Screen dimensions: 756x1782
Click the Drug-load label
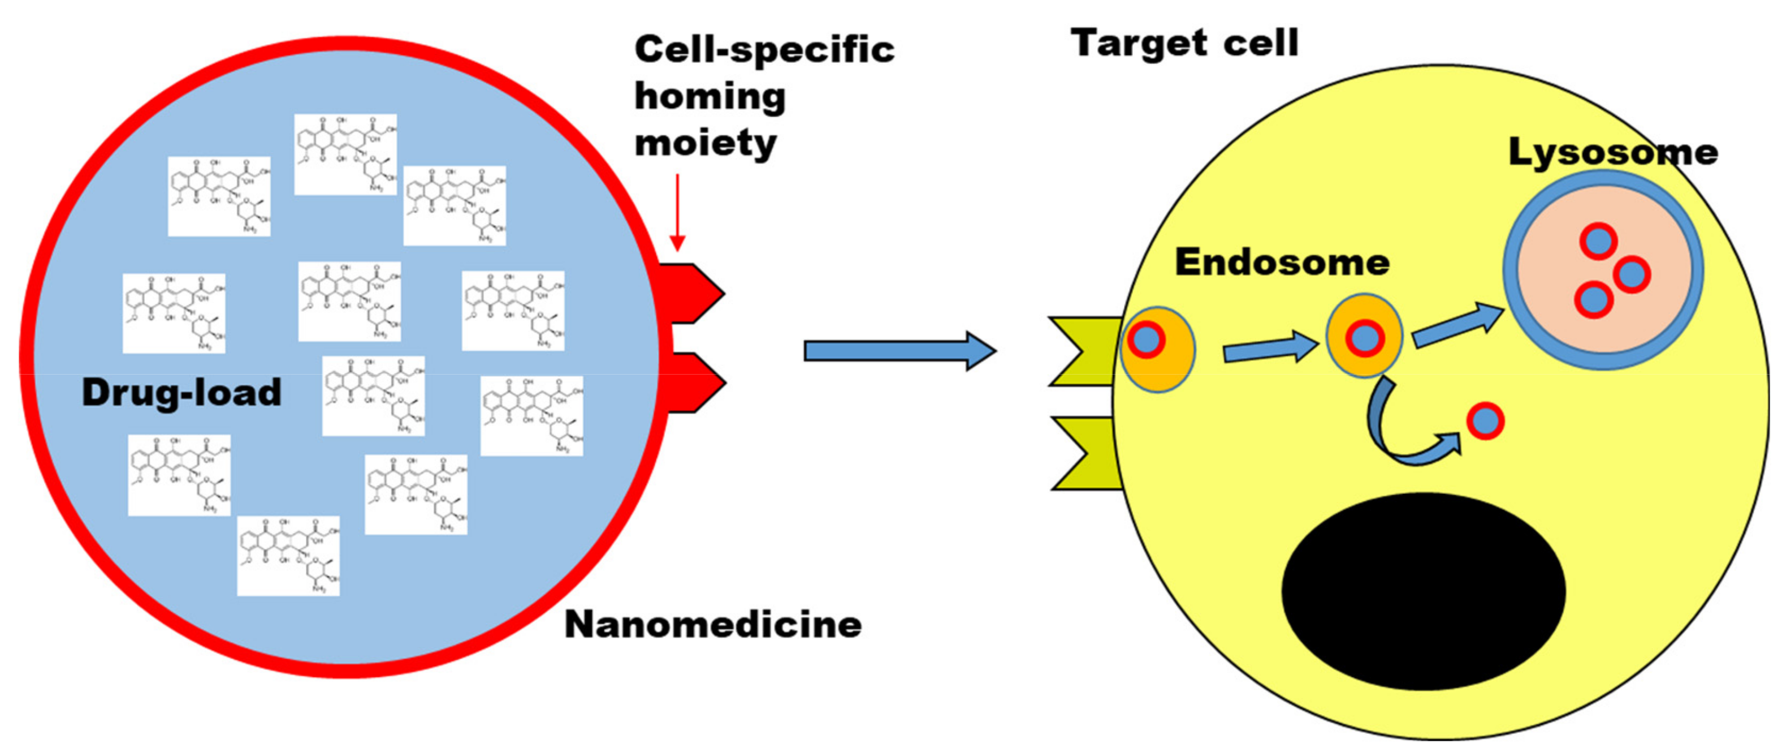tap(181, 393)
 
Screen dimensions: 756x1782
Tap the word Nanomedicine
tap(712, 625)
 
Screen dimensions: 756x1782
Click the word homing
tap(710, 97)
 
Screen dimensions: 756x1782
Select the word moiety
tap(706, 144)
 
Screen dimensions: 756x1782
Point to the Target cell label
tap(1184, 43)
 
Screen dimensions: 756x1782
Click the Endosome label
tap(1282, 263)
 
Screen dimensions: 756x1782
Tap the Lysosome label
tap(1612, 152)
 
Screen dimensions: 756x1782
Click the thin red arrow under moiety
tap(677, 211)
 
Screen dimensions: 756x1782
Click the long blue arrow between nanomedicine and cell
tap(899, 351)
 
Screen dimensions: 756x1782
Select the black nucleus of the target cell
tap(1424, 591)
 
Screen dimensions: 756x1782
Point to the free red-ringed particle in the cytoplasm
tap(1485, 421)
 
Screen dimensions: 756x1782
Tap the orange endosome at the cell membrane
tap(1157, 350)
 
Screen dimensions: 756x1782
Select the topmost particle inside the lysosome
tap(1598, 241)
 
